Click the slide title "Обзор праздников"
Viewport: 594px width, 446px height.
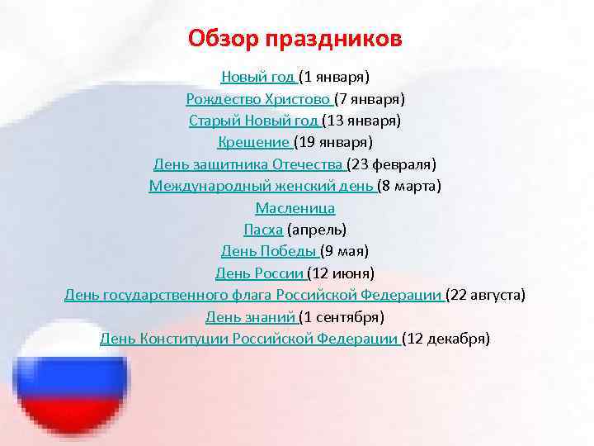(x=295, y=38)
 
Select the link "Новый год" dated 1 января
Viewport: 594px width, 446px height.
(x=258, y=78)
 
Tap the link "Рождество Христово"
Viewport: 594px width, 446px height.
(x=258, y=99)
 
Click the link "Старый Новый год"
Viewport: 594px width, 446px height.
(x=253, y=121)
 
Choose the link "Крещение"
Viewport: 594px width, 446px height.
(x=253, y=142)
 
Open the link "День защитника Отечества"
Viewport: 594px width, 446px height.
(x=248, y=164)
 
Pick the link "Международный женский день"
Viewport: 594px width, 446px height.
(x=262, y=186)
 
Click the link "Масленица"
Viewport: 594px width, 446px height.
(x=295, y=207)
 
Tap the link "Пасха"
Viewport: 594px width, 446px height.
(x=263, y=229)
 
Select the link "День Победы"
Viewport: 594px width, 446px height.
(x=268, y=250)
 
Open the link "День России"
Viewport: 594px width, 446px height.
(x=259, y=273)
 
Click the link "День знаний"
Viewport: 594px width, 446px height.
(x=250, y=316)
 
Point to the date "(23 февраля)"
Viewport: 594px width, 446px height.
(x=392, y=164)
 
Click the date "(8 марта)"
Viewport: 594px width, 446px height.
(x=411, y=186)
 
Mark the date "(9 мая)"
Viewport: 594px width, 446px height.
(x=345, y=250)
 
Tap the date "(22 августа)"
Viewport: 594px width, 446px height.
(x=486, y=294)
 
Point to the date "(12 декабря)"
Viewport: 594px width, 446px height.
(x=447, y=338)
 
